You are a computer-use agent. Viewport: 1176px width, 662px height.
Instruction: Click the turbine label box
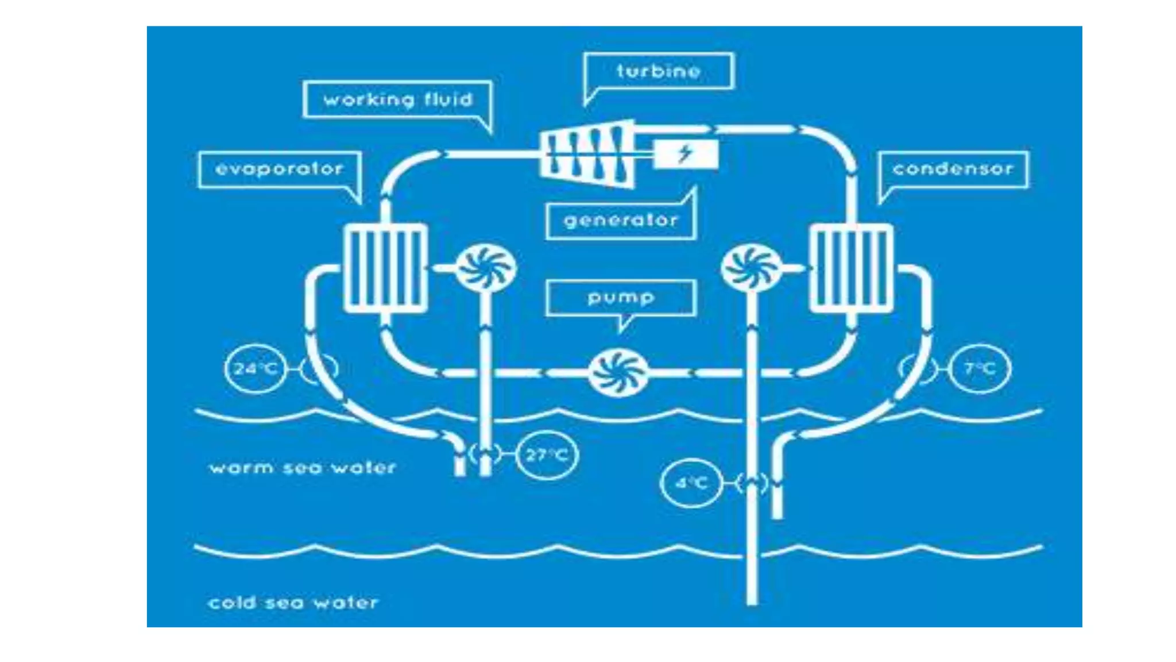click(x=659, y=71)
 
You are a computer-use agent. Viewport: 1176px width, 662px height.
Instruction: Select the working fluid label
click(x=397, y=100)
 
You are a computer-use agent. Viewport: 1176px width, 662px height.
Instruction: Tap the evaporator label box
click(x=280, y=170)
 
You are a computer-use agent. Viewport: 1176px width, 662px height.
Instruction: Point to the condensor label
click(x=953, y=170)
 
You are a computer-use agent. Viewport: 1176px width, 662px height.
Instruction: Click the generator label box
click(x=621, y=220)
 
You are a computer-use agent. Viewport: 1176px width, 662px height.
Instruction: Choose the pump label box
click(x=621, y=298)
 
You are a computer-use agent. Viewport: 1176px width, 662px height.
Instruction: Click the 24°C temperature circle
click(x=256, y=368)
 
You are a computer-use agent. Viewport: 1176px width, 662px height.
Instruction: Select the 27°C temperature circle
click(x=547, y=455)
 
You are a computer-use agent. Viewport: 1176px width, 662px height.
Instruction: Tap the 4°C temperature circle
click(x=691, y=483)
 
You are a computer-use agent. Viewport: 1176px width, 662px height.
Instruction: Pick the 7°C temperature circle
click(x=980, y=368)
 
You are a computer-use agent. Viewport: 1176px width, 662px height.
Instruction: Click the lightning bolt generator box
click(x=686, y=154)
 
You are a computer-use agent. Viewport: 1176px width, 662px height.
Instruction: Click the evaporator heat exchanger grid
click(x=385, y=268)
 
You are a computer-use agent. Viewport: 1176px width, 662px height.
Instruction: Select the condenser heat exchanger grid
click(x=851, y=268)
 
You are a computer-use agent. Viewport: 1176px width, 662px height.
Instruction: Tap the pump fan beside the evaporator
click(x=485, y=268)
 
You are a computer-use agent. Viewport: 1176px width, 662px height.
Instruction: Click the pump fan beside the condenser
click(x=751, y=268)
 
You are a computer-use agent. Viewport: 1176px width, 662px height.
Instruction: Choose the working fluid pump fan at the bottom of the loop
click(x=618, y=374)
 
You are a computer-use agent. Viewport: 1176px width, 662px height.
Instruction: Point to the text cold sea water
click(x=293, y=603)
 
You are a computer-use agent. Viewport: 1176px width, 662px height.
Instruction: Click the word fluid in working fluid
click(x=448, y=100)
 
